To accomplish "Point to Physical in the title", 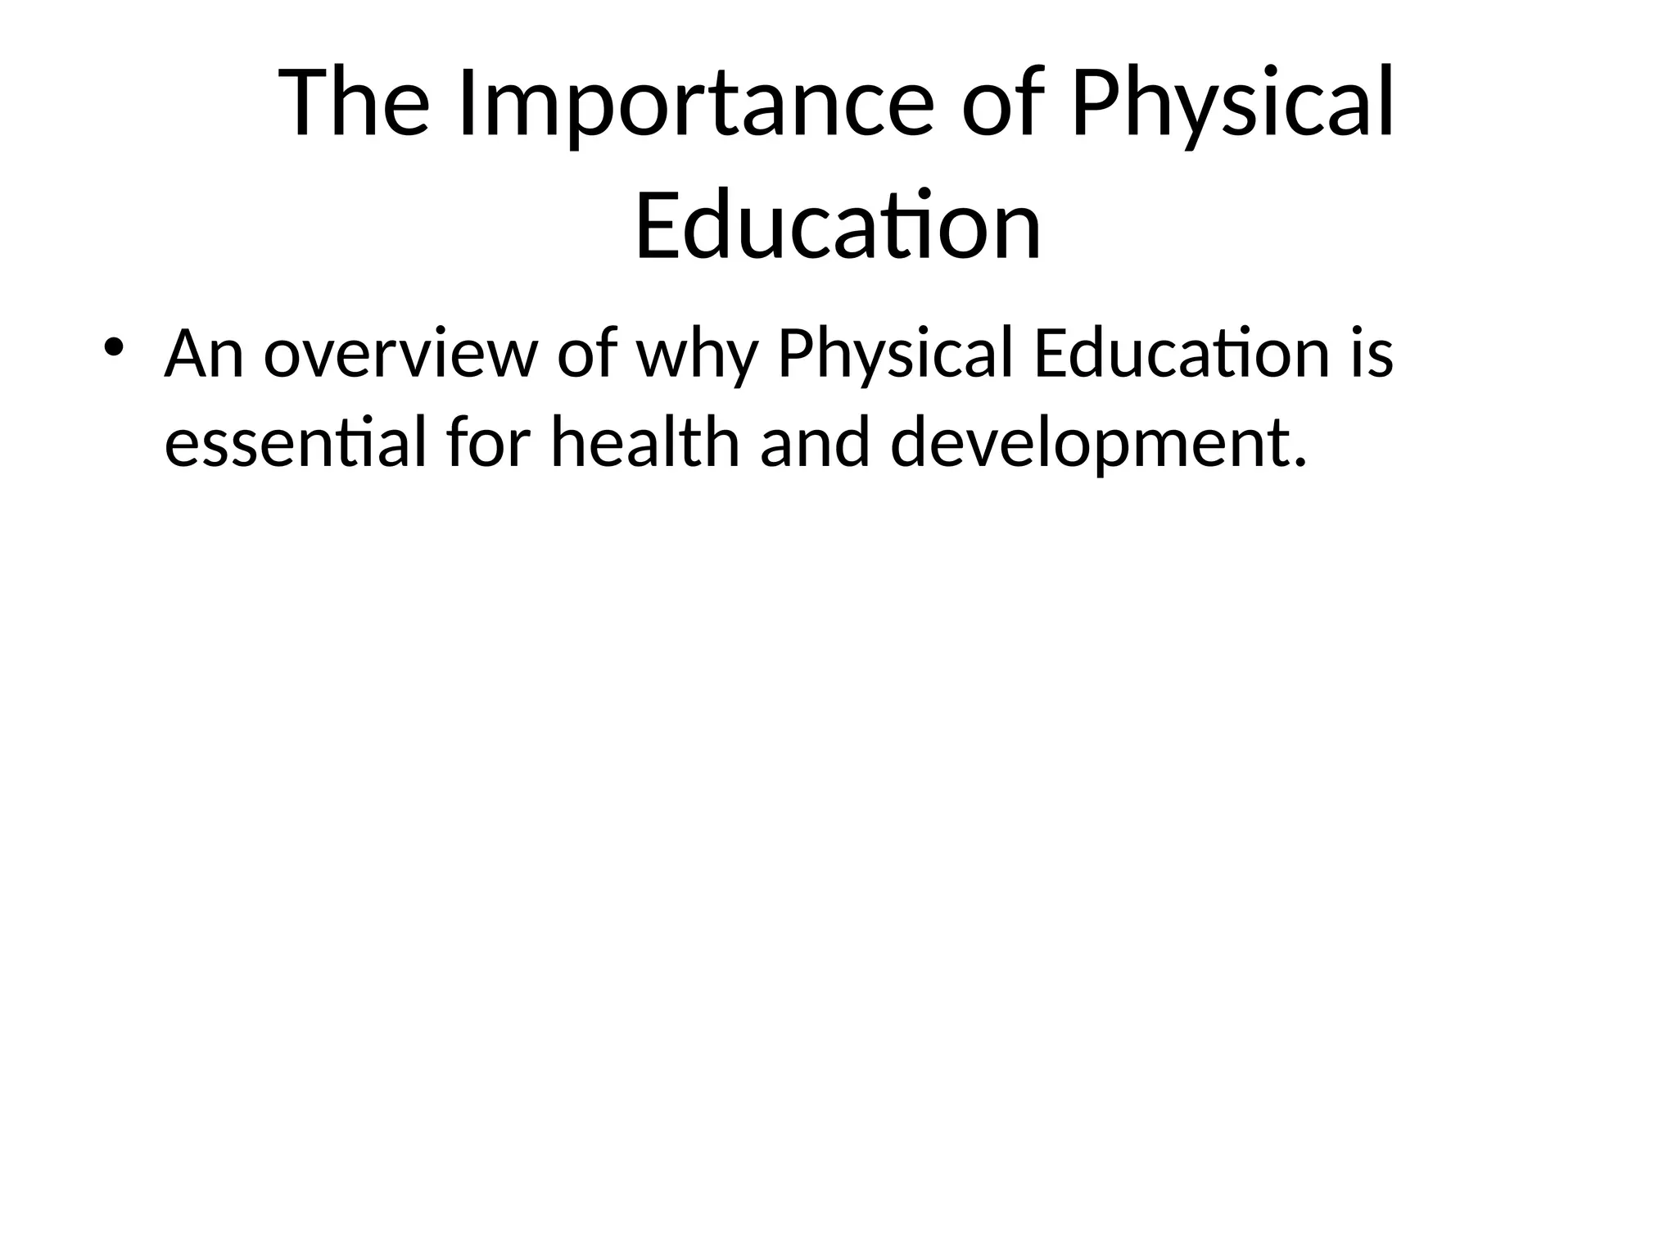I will point(1232,104).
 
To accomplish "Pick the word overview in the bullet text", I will point(400,354).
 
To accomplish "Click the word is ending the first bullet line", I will point(1371,354).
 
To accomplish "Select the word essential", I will point(296,443).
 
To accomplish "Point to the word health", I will point(645,443).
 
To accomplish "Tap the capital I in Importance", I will point(463,104).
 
